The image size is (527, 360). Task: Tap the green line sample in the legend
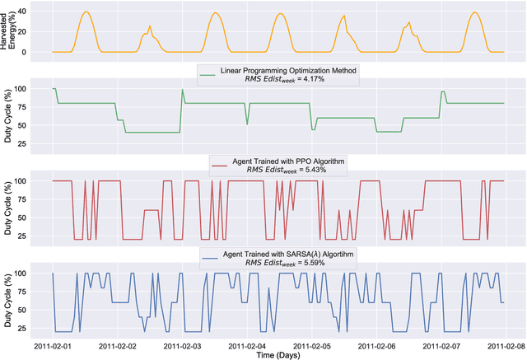pyautogui.click(x=208, y=73)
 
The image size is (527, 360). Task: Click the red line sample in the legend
pyautogui.click(x=219, y=164)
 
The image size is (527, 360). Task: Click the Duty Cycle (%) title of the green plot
pyautogui.click(x=10, y=115)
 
